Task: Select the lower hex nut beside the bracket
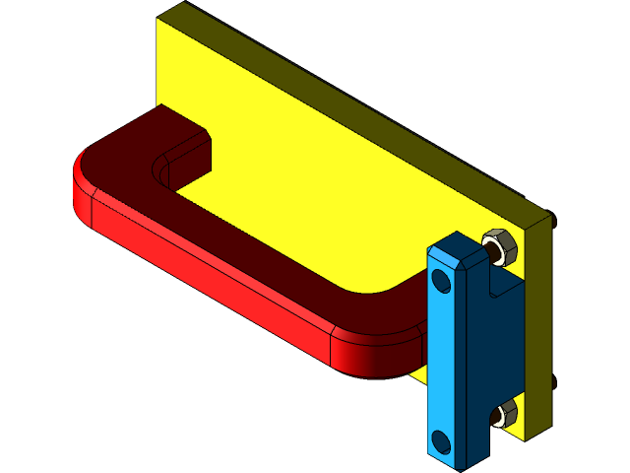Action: [505, 414]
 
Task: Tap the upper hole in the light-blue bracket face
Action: [441, 283]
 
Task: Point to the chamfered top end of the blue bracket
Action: [455, 245]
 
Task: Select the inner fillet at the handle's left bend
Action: [163, 163]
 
